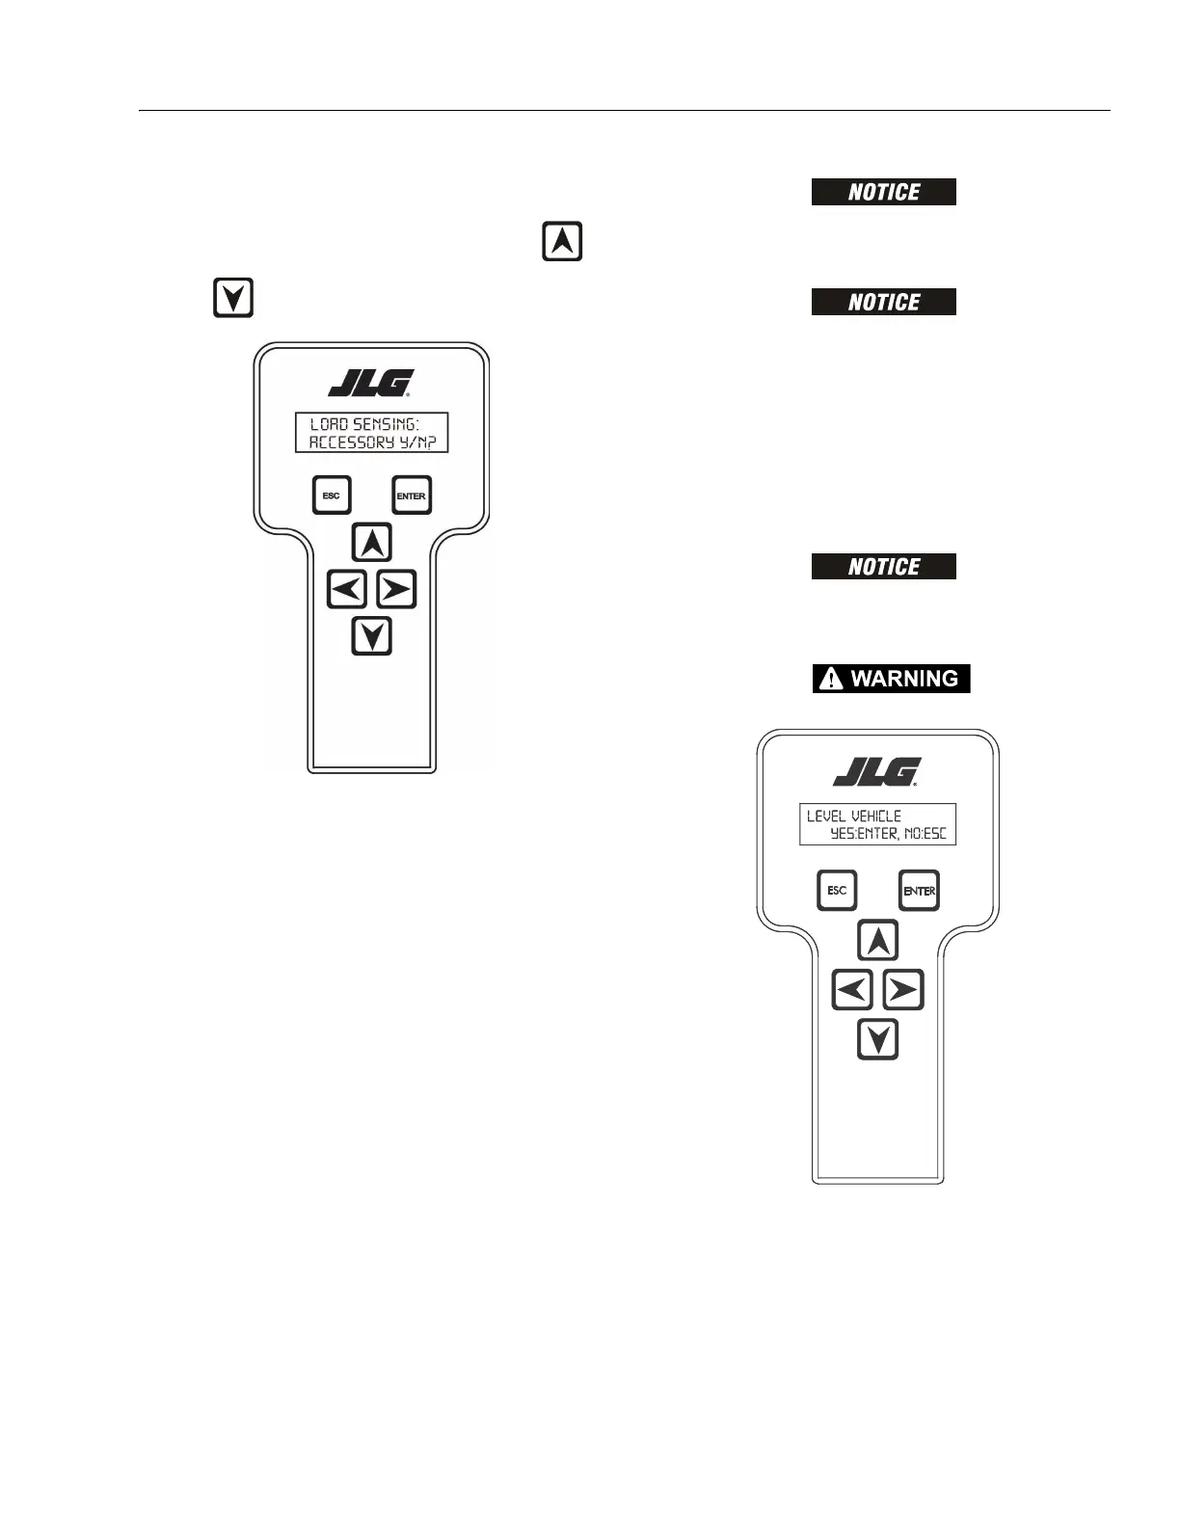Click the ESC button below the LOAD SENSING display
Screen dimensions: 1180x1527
(331, 496)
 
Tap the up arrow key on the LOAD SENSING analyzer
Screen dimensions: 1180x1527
(371, 543)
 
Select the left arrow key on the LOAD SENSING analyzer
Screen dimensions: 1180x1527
(347, 589)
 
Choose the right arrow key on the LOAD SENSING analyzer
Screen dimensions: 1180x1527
(395, 589)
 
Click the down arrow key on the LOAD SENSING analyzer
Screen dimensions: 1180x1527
(371, 636)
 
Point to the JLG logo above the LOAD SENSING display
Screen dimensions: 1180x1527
(371, 383)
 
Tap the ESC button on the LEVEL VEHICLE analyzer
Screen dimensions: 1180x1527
(837, 891)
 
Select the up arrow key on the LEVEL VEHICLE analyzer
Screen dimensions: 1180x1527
(877, 941)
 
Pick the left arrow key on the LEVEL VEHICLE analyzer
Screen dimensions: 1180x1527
(852, 990)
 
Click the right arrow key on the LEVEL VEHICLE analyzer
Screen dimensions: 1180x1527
(902, 990)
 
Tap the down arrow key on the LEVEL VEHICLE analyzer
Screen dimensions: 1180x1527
(877, 1040)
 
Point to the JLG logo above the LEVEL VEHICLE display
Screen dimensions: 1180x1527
(877, 771)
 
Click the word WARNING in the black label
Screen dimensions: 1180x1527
(904, 679)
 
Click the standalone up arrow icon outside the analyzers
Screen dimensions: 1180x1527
(562, 241)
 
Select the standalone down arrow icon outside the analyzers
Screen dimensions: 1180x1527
(232, 298)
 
